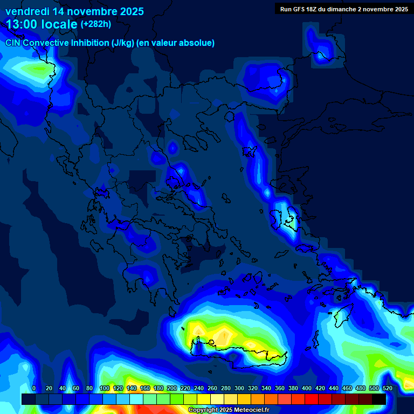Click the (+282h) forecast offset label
click(x=96, y=24)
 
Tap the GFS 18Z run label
click(x=305, y=9)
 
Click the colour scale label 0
click(x=34, y=388)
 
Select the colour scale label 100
click(x=103, y=388)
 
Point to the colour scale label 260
click(x=211, y=388)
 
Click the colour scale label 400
click(x=306, y=388)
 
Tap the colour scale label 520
click(x=387, y=388)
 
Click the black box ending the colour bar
click(x=379, y=399)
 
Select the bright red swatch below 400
click(x=312, y=399)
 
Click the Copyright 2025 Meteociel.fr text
click(x=228, y=410)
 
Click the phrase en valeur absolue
click(x=176, y=43)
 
